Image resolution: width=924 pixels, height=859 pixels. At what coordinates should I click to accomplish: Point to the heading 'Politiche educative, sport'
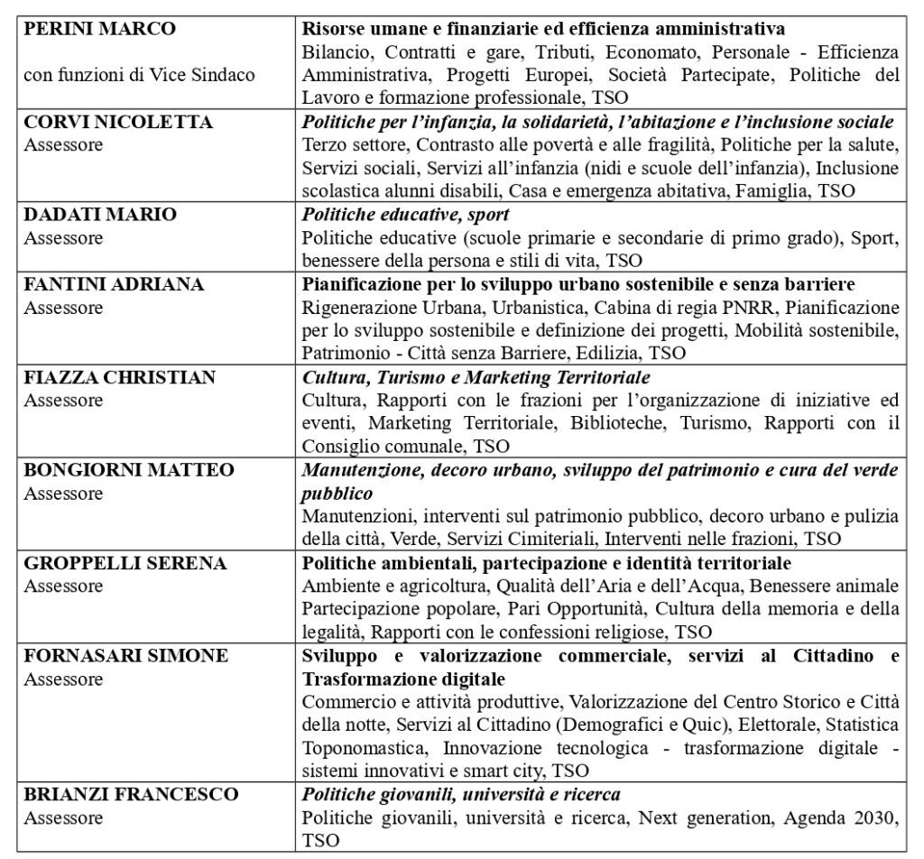click(x=405, y=214)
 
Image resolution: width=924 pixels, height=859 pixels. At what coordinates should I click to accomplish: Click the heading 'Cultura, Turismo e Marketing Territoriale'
click(x=476, y=377)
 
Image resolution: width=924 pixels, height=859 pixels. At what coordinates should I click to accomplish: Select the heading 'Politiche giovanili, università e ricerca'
click(x=461, y=795)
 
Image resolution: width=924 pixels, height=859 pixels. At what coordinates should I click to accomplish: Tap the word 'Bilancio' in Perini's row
click(x=331, y=51)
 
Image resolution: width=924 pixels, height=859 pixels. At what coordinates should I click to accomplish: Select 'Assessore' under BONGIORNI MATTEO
click(x=63, y=494)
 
